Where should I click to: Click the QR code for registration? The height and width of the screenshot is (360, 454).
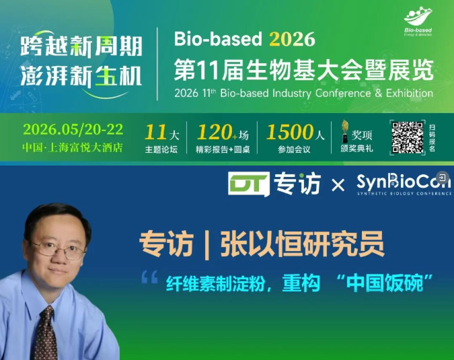tap(408, 137)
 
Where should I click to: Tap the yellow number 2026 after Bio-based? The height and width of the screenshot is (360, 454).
tap(292, 39)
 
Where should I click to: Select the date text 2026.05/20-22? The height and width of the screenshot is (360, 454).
tap(73, 129)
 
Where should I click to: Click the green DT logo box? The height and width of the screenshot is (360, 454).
tap(249, 184)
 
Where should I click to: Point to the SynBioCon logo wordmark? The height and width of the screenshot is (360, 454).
tap(404, 182)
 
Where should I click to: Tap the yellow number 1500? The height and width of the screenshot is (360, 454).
tap(289, 133)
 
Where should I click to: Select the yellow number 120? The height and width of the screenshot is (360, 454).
tap(215, 133)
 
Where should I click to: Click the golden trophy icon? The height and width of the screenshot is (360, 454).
tap(345, 131)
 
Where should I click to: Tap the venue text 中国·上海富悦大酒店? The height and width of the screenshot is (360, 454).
tap(73, 148)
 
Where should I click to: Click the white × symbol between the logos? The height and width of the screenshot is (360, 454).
tap(338, 185)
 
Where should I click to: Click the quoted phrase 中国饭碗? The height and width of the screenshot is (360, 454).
tap(385, 283)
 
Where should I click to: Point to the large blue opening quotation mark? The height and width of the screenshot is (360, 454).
tap(150, 277)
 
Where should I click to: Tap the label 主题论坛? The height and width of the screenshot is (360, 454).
tap(161, 149)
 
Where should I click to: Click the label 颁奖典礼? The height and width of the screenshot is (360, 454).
tap(356, 149)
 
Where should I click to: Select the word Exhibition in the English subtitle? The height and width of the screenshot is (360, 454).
tap(410, 94)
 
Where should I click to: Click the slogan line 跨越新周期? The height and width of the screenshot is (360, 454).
tap(81, 46)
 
